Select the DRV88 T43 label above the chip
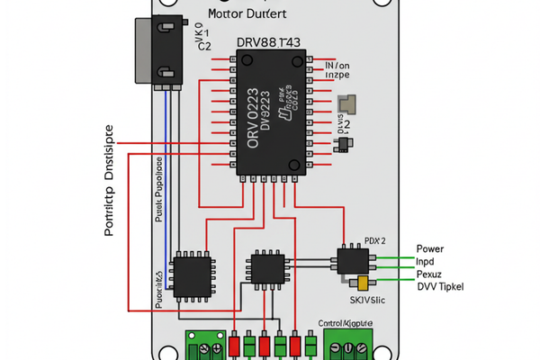click(x=269, y=43)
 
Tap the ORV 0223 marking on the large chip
click(x=253, y=118)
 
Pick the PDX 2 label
click(x=375, y=241)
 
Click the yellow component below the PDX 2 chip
click(x=363, y=283)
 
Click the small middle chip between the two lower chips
click(x=267, y=267)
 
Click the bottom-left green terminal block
click(x=205, y=346)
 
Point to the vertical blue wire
click(x=166, y=180)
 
